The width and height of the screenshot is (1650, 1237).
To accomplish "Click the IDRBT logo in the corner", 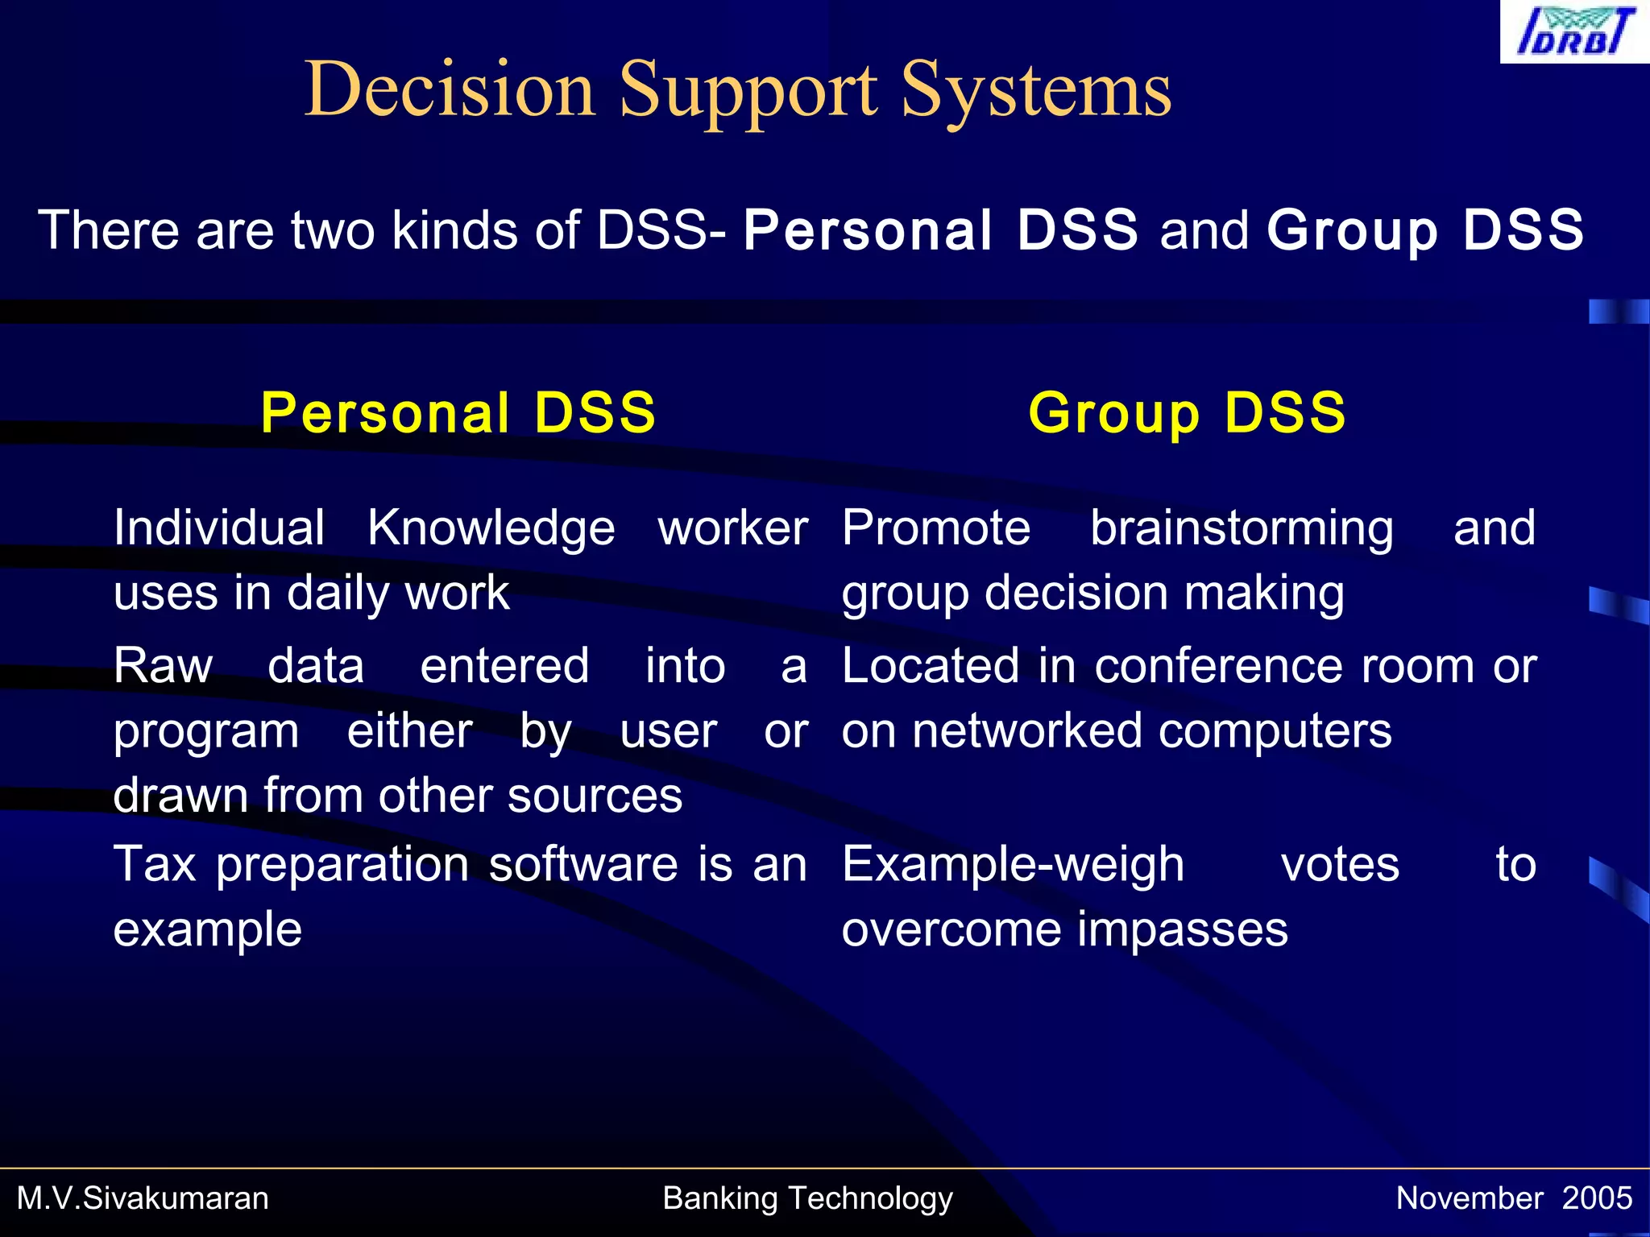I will (1573, 31).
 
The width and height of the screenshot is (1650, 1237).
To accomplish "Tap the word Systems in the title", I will (1035, 90).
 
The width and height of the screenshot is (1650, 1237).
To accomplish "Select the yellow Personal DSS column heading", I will (458, 412).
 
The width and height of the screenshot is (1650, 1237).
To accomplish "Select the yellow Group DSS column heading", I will (1187, 412).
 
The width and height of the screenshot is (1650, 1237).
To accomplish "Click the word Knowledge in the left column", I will (491, 528).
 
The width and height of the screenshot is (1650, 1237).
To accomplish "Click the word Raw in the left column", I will (164, 666).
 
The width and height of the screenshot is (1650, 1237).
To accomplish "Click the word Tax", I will (155, 864).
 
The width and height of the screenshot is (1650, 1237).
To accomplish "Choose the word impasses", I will (1182, 929).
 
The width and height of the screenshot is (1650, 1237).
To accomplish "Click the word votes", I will (1340, 864).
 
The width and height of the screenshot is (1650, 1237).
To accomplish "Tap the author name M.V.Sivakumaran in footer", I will (143, 1198).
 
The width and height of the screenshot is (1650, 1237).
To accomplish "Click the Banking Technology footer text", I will (807, 1198).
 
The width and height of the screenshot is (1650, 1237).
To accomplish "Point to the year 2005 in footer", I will (1597, 1198).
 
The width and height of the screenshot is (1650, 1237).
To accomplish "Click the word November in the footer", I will (1470, 1198).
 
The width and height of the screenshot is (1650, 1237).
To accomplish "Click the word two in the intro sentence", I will (334, 230).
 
